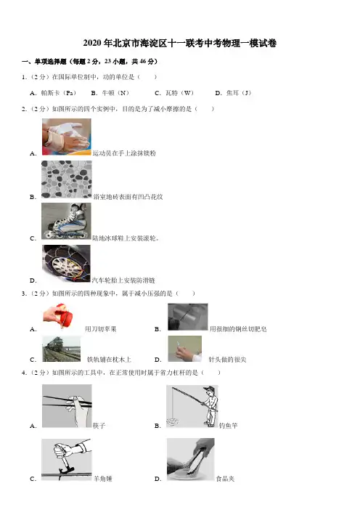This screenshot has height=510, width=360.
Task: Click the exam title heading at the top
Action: pyautogui.click(x=180, y=44)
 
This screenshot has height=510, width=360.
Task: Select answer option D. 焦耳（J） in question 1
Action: pyautogui.click(x=233, y=93)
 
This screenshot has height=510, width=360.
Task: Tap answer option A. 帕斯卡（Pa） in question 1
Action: pyautogui.click(x=53, y=93)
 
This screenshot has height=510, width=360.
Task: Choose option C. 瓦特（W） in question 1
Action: pyautogui.click(x=174, y=93)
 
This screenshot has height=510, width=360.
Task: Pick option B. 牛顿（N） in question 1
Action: pyautogui.click(x=110, y=93)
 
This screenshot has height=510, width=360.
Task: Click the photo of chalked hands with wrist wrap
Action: pyautogui.click(x=67, y=137)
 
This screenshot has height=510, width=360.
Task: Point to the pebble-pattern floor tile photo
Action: pyautogui.click(x=67, y=179)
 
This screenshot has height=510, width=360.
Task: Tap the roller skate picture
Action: pyautogui.click(x=66, y=221)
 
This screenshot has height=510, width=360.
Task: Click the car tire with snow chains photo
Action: pyautogui.click(x=66, y=263)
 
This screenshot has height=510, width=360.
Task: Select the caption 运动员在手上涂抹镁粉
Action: pyautogui.click(x=124, y=153)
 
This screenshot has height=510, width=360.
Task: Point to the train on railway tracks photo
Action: pyautogui.click(x=62, y=349)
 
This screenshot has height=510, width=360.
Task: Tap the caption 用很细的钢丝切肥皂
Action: pyautogui.click(x=238, y=329)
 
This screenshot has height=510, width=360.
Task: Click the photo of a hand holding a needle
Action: pyautogui.click(x=185, y=349)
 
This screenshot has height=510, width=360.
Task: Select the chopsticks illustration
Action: pyautogui.click(x=67, y=406)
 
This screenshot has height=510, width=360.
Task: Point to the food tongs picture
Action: pyautogui.click(x=191, y=459)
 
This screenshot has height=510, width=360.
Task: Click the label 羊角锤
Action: pyautogui.click(x=102, y=479)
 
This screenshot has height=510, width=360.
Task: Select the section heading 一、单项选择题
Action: pyautogui.click(x=44, y=62)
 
